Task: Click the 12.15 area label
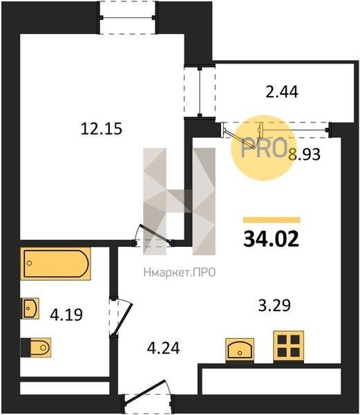[102, 129]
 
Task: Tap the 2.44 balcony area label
[282, 92]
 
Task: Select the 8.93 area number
[304, 154]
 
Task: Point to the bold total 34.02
[271, 239]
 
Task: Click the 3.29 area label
[274, 305]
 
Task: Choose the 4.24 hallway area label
[163, 348]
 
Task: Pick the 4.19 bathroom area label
[66, 315]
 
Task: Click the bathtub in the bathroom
[55, 264]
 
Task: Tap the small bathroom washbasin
[31, 308]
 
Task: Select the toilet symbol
[36, 347]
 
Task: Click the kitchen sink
[240, 350]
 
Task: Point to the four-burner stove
[288, 347]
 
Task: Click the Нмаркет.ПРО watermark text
[180, 273]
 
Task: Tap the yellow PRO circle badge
[263, 148]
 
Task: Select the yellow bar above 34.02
[272, 220]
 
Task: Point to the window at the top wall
[127, 18]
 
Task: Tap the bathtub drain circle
[30, 263]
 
